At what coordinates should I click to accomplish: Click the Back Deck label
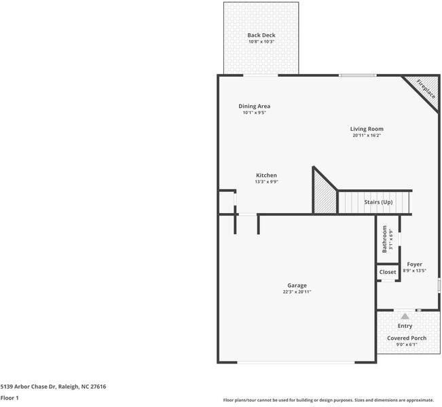pyautogui.click(x=261, y=35)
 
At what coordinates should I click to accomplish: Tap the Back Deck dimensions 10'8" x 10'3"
pyautogui.click(x=261, y=42)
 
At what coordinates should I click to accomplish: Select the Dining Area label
pyautogui.click(x=255, y=106)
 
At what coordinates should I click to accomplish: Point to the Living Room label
pyautogui.click(x=367, y=129)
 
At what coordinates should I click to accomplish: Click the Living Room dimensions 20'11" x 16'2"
pyautogui.click(x=367, y=136)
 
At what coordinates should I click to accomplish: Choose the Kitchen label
pyautogui.click(x=266, y=175)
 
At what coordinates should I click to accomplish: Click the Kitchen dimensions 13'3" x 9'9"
pyautogui.click(x=266, y=182)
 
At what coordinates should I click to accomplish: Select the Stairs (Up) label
pyautogui.click(x=378, y=202)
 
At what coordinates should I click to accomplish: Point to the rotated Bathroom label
pyautogui.click(x=384, y=239)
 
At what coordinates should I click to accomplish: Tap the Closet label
pyautogui.click(x=388, y=272)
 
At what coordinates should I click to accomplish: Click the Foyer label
pyautogui.click(x=414, y=264)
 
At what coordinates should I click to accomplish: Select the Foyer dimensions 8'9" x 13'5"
pyautogui.click(x=414, y=271)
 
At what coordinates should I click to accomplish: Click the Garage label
pyautogui.click(x=297, y=286)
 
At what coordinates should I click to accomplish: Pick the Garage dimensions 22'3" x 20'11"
pyautogui.click(x=297, y=292)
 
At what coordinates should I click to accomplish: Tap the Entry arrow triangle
pyautogui.click(x=405, y=315)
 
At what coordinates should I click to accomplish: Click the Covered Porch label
pyautogui.click(x=407, y=338)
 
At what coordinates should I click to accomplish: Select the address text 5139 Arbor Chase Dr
pyautogui.click(x=31, y=387)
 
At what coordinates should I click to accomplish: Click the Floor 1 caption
pyautogui.click(x=10, y=398)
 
